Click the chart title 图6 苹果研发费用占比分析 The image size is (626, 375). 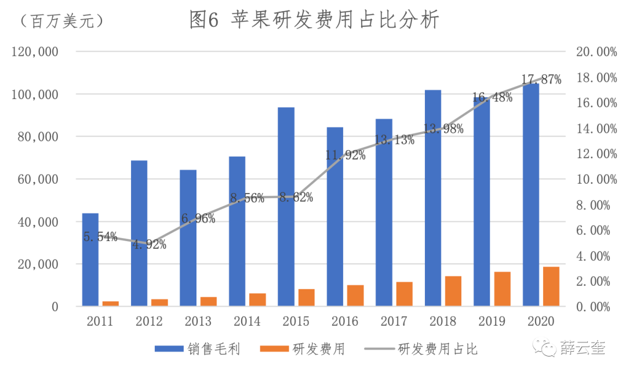point(314,20)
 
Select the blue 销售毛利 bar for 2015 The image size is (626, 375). point(286,206)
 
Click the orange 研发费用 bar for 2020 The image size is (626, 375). point(551,286)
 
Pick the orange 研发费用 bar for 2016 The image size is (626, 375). point(355,296)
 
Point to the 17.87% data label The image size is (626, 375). point(541,80)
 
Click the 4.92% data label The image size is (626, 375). point(149,244)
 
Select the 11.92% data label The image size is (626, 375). point(345,155)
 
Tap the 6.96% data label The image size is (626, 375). point(198,219)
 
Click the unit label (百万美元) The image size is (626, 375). point(61,21)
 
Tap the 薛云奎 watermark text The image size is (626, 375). point(583,348)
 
